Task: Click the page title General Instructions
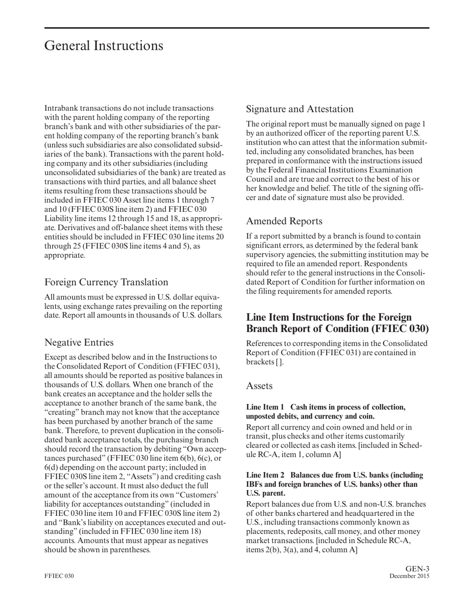point(103,46)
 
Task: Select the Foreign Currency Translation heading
point(106,282)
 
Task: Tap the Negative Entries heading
point(79,342)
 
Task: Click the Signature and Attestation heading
point(300,109)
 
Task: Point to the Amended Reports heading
point(284,221)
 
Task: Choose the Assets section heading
point(259,386)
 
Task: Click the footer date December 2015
point(409,576)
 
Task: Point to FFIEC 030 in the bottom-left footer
point(59,576)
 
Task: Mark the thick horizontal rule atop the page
point(236,28)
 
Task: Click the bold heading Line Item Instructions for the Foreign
point(329,317)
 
